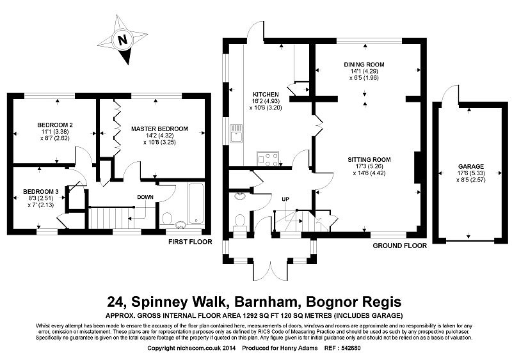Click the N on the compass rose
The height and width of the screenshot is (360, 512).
point(122,40)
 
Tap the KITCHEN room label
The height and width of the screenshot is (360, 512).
point(266,95)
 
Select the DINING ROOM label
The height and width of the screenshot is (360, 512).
point(364,65)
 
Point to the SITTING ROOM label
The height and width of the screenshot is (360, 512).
point(369,160)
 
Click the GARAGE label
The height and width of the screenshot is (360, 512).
point(471,166)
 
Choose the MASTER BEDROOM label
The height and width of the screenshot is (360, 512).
point(159,129)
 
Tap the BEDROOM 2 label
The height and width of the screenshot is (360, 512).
point(55,125)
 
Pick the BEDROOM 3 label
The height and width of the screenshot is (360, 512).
point(41,191)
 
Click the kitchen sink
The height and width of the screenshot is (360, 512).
point(236,133)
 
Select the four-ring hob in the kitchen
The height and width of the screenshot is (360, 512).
point(268,159)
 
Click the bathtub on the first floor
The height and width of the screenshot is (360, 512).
point(196,203)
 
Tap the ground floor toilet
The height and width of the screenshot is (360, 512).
point(240,222)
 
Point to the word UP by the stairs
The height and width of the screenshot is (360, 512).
point(285,199)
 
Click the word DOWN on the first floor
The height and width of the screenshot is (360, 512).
point(145,197)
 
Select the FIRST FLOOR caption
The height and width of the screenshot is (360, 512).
point(190,242)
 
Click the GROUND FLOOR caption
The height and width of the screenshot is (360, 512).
point(399,246)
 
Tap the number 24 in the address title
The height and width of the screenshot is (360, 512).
point(116,302)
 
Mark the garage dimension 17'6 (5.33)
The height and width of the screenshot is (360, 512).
point(470,173)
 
